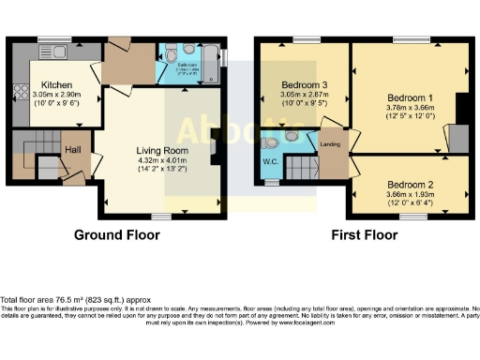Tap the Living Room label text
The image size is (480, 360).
click(162, 150)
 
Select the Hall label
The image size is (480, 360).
click(72, 149)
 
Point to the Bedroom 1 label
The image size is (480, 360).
click(410, 97)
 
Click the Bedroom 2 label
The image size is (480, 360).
click(410, 184)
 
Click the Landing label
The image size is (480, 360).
click(330, 143)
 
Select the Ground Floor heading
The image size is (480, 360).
click(115, 233)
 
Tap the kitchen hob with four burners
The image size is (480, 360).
click(19, 92)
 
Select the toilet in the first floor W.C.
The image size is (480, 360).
click(272, 144)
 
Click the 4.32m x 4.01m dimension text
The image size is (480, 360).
click(162, 160)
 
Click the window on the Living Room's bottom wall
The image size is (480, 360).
click(161, 215)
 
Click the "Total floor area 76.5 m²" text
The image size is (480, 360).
click(75, 299)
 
